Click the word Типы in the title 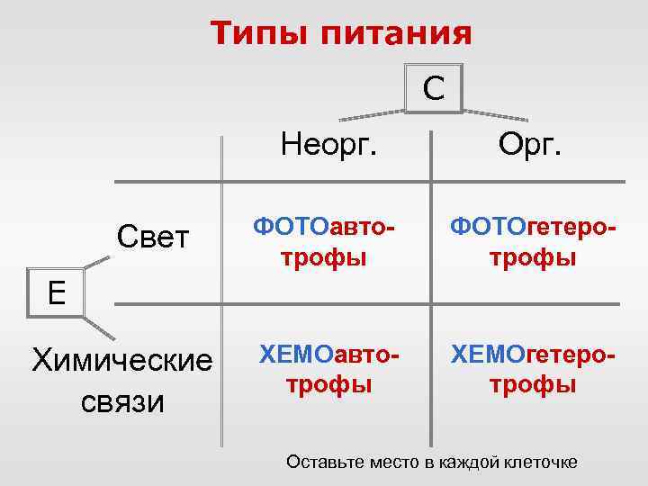256,34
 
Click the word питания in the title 390,34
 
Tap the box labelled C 434,87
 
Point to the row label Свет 154,238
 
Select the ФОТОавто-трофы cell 324,242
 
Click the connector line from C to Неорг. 371,114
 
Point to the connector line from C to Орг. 495,114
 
